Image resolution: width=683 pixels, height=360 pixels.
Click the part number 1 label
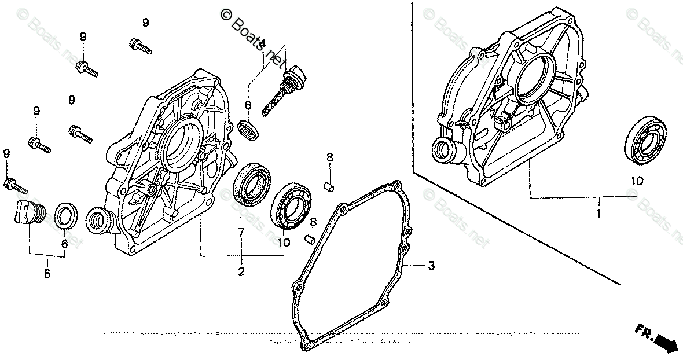[598, 214]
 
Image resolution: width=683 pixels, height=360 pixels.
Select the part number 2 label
[241, 271]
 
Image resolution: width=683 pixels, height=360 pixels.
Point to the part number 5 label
[47, 273]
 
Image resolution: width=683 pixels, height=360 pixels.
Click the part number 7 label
[241, 232]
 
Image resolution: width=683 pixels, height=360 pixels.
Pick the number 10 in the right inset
[637, 181]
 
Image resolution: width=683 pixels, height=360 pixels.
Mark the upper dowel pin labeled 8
[328, 186]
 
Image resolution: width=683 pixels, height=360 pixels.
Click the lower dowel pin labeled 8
[310, 238]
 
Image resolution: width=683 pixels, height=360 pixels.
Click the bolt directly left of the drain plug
[15, 185]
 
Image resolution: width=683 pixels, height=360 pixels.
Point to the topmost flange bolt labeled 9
[139, 45]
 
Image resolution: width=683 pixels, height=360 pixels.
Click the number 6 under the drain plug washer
[64, 244]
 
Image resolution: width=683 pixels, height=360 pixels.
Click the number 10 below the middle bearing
[284, 243]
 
